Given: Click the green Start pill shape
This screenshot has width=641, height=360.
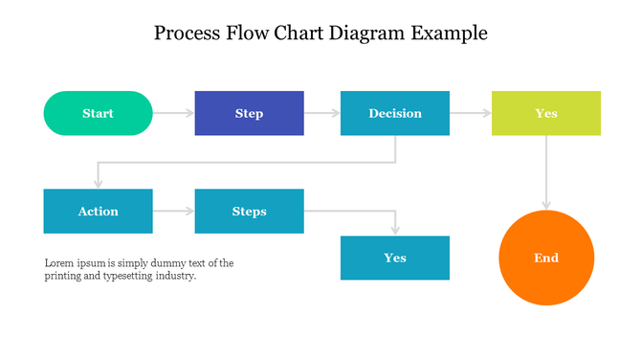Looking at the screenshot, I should [98, 113].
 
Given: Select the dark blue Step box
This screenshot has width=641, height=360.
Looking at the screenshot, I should [249, 113].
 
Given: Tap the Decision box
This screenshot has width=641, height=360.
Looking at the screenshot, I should [394, 113].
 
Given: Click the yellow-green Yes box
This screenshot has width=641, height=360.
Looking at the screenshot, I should [545, 113].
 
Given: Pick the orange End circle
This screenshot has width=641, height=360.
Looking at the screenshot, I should [546, 258].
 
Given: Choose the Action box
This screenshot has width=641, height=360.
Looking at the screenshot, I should [98, 211].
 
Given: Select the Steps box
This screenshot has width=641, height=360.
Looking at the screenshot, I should [249, 211].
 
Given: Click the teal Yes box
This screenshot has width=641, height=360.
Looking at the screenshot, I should [394, 258].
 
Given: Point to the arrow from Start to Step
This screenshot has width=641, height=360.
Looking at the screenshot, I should [173, 113].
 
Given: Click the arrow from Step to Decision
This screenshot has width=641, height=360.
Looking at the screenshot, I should [322, 113].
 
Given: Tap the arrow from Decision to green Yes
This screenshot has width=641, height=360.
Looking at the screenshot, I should [471, 113].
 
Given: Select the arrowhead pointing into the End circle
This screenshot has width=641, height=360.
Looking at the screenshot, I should [546, 204].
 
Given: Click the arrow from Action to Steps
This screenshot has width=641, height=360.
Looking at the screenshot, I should [173, 211].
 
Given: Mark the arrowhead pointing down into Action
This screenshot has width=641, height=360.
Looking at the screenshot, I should [98, 183].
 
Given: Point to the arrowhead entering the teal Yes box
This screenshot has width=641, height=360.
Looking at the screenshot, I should [394, 230].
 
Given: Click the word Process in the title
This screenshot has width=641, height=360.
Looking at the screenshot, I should [188, 34].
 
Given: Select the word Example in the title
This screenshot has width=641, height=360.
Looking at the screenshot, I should [450, 34].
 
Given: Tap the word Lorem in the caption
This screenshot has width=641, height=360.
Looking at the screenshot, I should [60, 262].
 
